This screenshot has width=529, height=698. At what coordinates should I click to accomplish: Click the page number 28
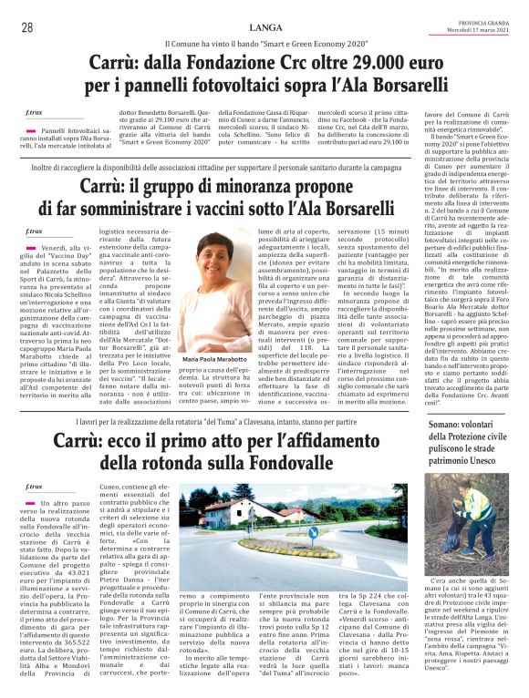(26, 28)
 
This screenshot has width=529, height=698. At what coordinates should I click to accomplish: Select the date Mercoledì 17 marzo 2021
(487, 32)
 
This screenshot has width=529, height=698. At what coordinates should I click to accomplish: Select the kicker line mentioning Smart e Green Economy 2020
(264, 44)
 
